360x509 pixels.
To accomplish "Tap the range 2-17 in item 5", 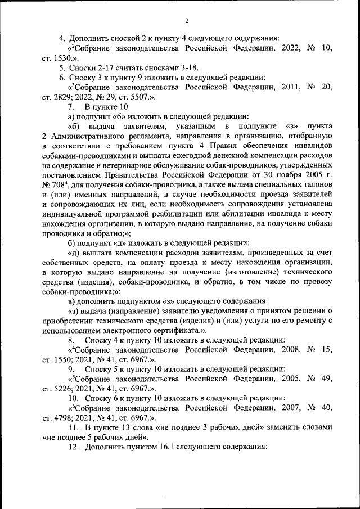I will point(100,68).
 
